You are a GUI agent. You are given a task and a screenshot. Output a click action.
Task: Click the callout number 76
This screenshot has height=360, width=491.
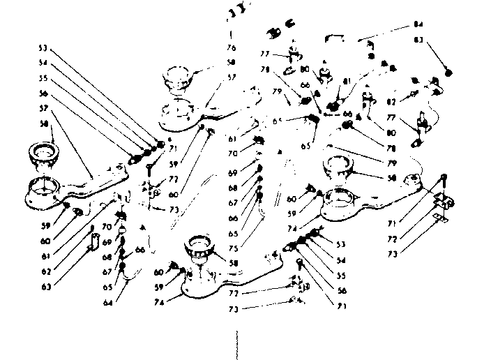click(x=232, y=48)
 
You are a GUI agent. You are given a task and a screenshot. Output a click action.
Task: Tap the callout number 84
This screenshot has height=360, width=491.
click(x=418, y=26)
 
